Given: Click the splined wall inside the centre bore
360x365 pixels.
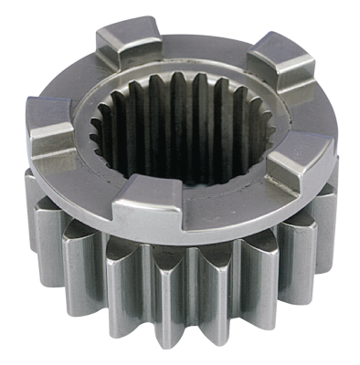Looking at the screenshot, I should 174,128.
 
